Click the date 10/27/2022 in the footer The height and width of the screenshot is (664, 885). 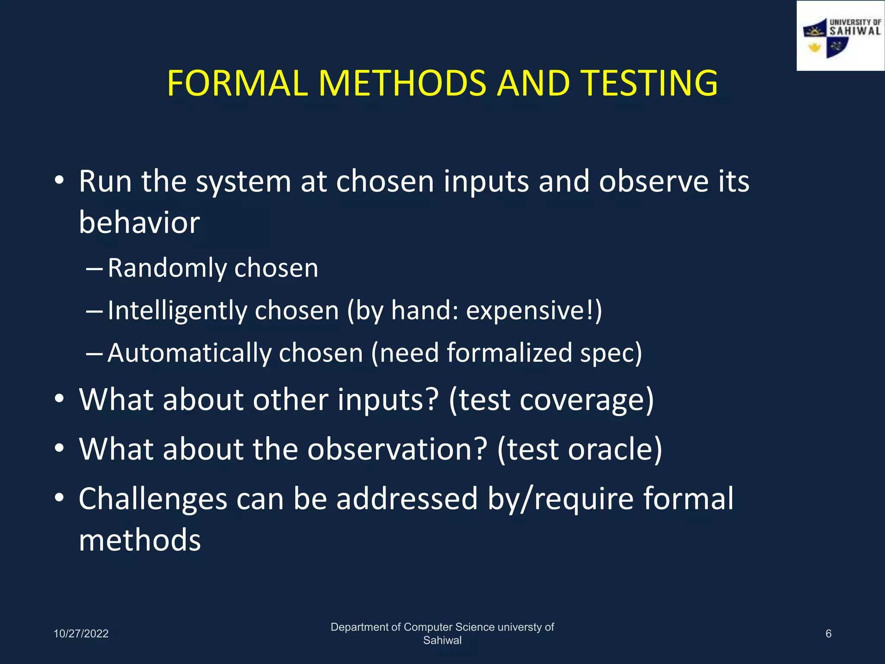click(x=81, y=634)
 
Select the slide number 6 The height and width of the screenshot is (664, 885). click(x=828, y=634)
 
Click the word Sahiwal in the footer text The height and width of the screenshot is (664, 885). click(x=442, y=641)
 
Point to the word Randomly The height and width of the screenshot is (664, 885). click(x=167, y=268)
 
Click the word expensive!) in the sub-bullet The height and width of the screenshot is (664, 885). click(x=534, y=311)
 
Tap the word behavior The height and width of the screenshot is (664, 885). click(x=139, y=223)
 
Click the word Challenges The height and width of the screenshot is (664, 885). click(x=153, y=499)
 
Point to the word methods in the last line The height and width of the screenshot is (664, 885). click(x=140, y=540)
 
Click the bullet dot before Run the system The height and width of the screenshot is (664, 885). click(x=60, y=180)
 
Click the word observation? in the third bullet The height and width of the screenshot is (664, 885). click(x=397, y=450)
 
